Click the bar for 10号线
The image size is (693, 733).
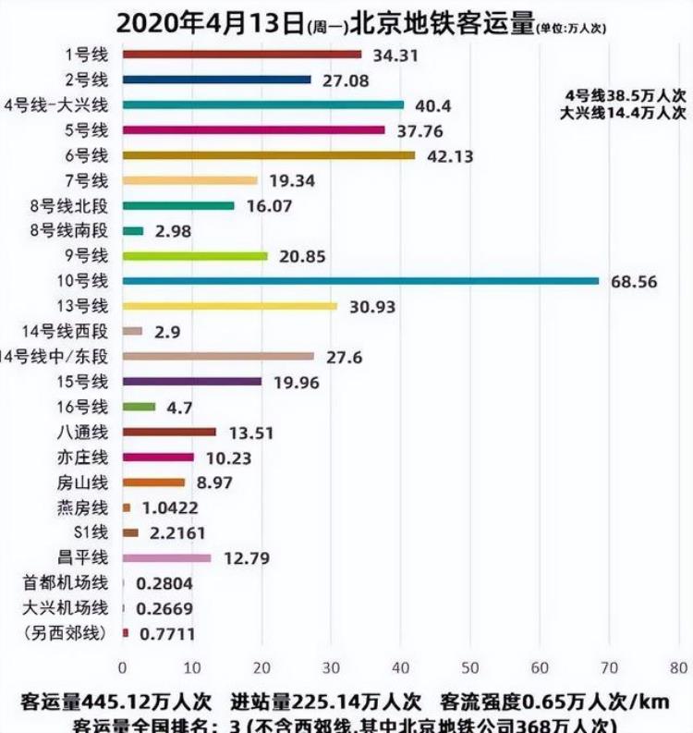point(360,280)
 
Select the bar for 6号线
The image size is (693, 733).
point(268,154)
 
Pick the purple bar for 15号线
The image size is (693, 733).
point(191,381)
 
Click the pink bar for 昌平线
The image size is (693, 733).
point(166,557)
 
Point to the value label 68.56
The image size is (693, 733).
point(634,282)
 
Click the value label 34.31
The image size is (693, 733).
point(395,55)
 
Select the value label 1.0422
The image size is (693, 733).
point(167,507)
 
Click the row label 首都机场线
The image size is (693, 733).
point(66,582)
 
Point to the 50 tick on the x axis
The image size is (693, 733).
point(470,667)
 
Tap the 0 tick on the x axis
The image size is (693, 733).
point(122,667)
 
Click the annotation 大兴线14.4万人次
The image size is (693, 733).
point(624,113)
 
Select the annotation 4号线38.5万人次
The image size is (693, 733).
point(624,95)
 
